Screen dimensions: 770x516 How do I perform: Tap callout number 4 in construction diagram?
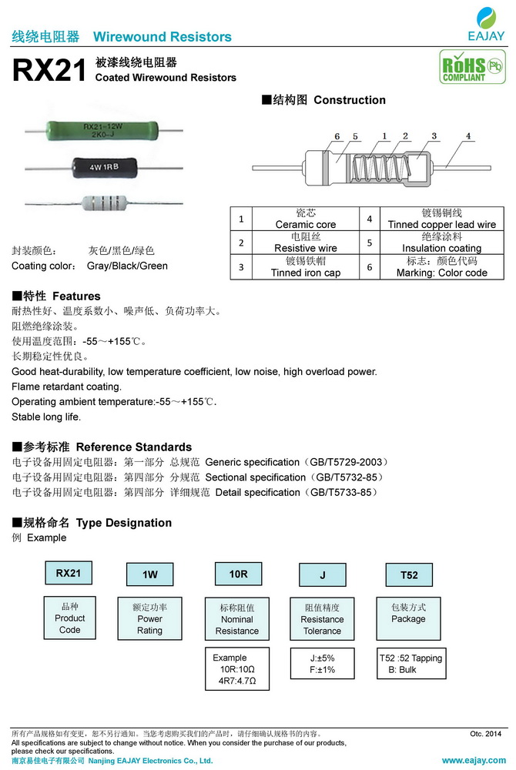[x=468, y=136]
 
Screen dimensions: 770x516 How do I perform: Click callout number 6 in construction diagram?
[x=337, y=136]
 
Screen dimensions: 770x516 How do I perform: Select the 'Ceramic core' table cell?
[x=306, y=219]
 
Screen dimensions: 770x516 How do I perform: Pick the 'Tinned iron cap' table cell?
[x=306, y=266]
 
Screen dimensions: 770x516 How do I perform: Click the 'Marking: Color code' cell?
[x=441, y=266]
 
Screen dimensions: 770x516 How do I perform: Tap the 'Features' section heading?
[x=56, y=296]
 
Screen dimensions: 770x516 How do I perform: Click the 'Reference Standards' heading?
[x=102, y=447]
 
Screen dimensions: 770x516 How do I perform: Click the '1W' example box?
[x=150, y=575]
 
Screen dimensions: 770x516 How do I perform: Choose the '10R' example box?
[x=238, y=574]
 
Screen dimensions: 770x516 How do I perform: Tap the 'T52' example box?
[x=409, y=575]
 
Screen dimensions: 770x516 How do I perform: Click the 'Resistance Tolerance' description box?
[x=322, y=619]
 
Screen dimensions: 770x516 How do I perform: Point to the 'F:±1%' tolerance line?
[x=322, y=670]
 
